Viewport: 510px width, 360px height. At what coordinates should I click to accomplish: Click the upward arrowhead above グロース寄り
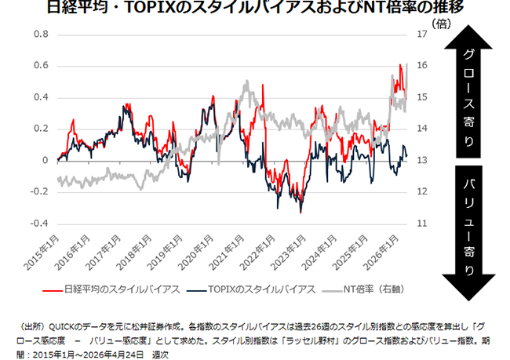[x=468, y=39]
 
